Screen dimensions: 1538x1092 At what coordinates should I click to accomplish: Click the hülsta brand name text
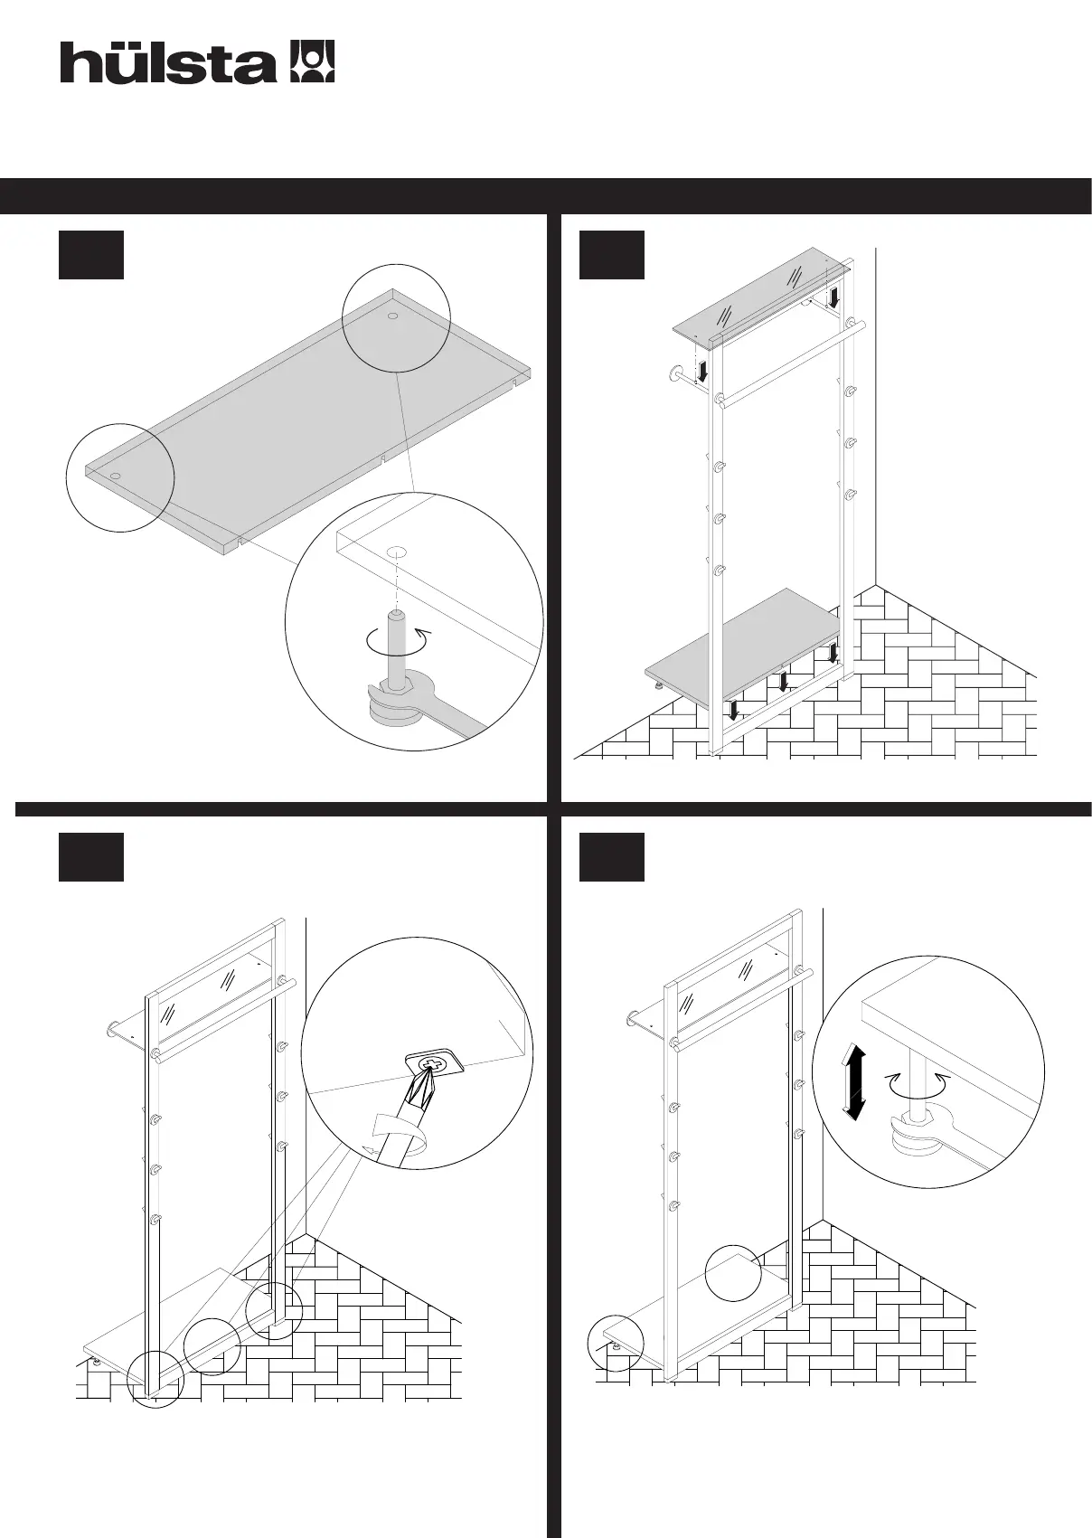[168, 63]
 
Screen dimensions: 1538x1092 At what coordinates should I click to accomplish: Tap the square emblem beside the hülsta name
[311, 61]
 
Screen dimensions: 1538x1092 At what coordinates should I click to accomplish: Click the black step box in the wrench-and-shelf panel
[90, 254]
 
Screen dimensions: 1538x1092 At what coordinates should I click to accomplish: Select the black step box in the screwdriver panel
[90, 856]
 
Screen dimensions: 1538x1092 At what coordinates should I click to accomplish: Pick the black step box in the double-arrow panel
[611, 856]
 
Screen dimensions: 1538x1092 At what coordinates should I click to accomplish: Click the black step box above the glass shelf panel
[611, 254]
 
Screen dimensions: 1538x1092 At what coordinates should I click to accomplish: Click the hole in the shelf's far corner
[393, 316]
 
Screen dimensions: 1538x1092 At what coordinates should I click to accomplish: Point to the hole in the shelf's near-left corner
[117, 474]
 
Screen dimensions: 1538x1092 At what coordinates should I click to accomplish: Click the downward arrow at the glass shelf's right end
[835, 296]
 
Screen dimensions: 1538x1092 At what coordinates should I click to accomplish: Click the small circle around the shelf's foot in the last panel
[616, 1342]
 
